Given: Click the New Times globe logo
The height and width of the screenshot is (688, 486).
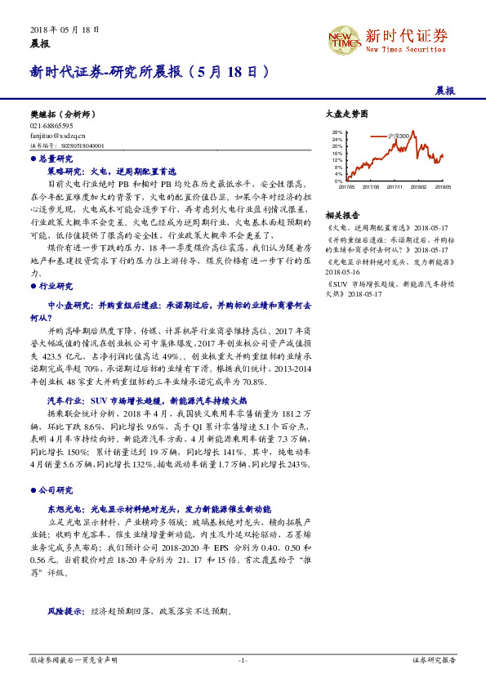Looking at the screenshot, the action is pos(343,38).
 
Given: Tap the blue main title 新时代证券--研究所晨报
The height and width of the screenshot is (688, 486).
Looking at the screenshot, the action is pos(106,71).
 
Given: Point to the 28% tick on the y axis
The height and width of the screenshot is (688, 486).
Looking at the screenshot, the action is pos(337,132).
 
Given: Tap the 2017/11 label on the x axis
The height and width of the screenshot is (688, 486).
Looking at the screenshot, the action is pos(396,186).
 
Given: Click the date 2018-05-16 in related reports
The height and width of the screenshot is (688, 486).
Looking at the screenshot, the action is pos(341,271).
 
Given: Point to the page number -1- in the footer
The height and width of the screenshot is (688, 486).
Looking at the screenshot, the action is pos(243,659).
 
